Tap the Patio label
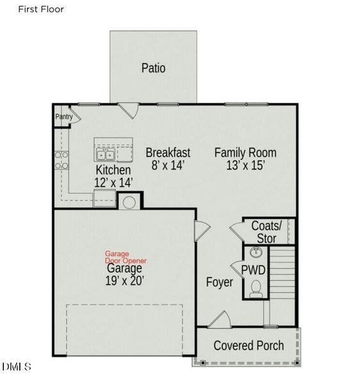click(x=153, y=67)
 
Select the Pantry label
click(x=63, y=116)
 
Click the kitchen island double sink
click(x=105, y=154)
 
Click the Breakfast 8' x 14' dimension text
click(x=168, y=165)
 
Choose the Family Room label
click(x=245, y=152)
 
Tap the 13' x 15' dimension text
click(x=245, y=165)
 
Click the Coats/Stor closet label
click(x=266, y=232)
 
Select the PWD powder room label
click(x=253, y=270)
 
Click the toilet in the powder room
click(x=256, y=289)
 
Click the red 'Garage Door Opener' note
click(x=126, y=257)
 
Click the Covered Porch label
click(x=249, y=346)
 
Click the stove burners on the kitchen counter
click(x=61, y=160)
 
